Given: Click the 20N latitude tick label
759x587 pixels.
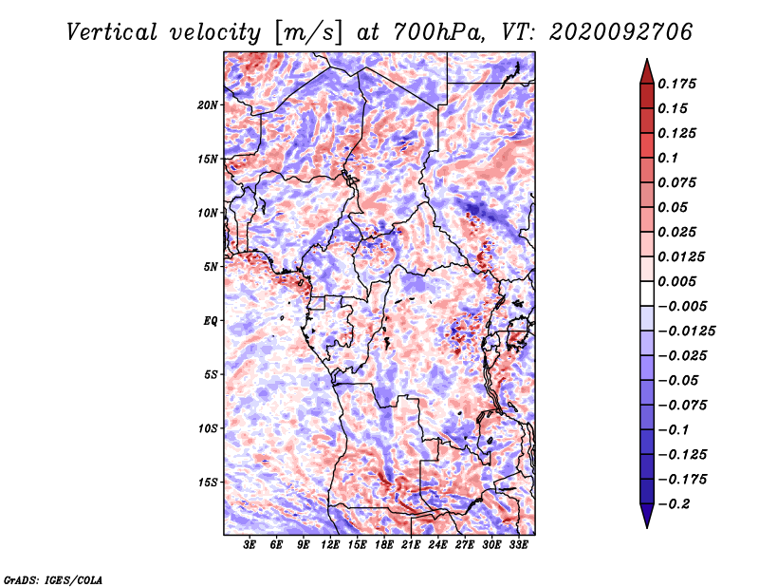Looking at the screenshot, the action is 208,105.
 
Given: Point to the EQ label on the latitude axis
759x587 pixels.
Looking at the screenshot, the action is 210,321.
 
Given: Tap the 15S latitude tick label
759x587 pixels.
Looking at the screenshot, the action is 208,483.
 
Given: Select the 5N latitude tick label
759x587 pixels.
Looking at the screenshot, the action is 211,267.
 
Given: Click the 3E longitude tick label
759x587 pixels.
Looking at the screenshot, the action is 250,545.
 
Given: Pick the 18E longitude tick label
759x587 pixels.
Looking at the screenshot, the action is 384,545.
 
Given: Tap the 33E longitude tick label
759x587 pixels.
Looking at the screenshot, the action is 518,545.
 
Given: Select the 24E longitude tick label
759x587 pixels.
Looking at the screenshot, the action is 437,545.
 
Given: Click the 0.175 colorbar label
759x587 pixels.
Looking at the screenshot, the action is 676,84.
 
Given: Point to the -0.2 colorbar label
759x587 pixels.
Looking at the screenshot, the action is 674,504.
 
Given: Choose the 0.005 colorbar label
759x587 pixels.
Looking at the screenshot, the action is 676,281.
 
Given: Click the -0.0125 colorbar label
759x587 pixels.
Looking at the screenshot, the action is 686,331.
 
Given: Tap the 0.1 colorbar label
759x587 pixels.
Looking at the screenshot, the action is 668,158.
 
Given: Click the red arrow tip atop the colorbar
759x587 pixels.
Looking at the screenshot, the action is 647,60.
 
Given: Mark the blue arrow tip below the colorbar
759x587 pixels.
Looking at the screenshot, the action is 647,526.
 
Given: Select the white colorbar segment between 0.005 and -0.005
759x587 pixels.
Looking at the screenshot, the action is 647,293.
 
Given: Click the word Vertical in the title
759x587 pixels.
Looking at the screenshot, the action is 111,32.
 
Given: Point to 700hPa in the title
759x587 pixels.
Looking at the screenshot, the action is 438,32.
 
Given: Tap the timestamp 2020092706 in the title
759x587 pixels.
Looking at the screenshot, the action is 620,32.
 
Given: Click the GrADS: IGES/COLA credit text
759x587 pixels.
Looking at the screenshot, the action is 53,579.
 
